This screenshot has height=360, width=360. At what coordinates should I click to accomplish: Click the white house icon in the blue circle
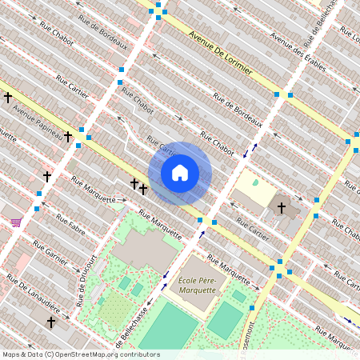(180, 173)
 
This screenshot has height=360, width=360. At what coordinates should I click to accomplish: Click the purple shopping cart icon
(15, 222)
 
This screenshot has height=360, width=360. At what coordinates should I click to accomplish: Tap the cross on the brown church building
(281, 208)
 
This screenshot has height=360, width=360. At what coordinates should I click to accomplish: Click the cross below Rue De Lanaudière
(51, 322)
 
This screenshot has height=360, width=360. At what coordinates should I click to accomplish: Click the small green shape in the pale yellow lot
(256, 183)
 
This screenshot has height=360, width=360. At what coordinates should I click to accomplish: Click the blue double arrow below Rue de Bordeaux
(254, 146)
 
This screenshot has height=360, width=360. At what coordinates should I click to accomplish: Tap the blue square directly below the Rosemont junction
(252, 307)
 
